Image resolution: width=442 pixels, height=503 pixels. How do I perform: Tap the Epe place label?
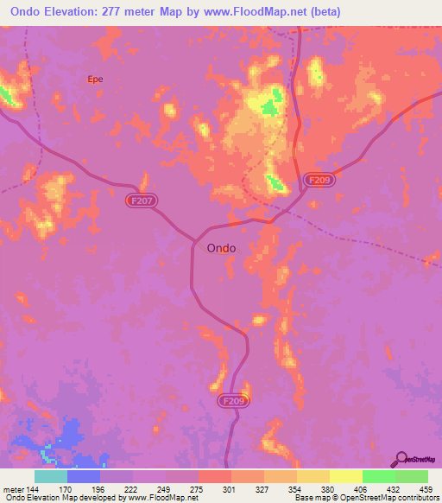click(95, 79)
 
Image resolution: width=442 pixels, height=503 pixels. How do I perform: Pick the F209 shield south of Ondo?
click(231, 402)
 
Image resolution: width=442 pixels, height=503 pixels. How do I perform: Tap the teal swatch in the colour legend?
click(50, 477)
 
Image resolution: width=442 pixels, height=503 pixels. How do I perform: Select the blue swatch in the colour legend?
click(83, 477)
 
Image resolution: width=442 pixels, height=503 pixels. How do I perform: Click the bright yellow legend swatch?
click(345, 477)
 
